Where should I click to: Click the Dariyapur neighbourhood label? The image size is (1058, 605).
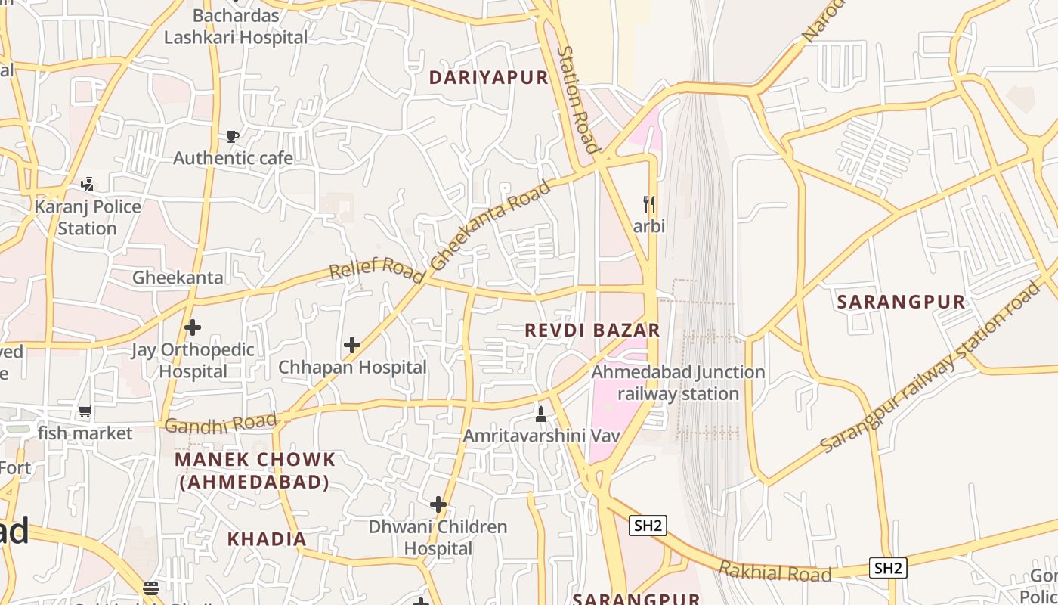pyautogui.click(x=488, y=77)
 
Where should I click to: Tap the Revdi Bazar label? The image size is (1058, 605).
pyautogui.click(x=592, y=330)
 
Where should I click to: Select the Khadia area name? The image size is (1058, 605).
pyautogui.click(x=267, y=539)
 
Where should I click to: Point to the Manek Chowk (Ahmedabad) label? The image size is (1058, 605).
pyautogui.click(x=255, y=470)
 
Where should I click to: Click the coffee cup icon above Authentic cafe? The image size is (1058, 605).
pyautogui.click(x=233, y=136)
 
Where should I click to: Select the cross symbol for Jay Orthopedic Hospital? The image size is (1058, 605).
pyautogui.click(x=193, y=327)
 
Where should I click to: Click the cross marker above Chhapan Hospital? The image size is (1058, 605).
pyautogui.click(x=352, y=345)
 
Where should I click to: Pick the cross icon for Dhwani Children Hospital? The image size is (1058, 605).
pyautogui.click(x=438, y=504)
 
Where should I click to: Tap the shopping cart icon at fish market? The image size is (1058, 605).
pyautogui.click(x=85, y=411)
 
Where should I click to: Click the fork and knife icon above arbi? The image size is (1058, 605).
pyautogui.click(x=648, y=204)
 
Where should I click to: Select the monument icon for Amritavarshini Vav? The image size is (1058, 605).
pyautogui.click(x=541, y=414)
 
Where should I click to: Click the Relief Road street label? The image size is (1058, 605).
pyautogui.click(x=376, y=268)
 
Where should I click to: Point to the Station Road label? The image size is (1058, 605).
pyautogui.click(x=578, y=98)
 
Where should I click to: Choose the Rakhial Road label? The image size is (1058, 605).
pyautogui.click(x=775, y=572)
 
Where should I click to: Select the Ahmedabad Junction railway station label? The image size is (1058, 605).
pyautogui.click(x=678, y=383)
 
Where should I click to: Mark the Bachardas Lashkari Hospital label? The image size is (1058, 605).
pyautogui.click(x=236, y=26)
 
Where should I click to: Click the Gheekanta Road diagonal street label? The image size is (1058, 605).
pyautogui.click(x=491, y=224)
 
